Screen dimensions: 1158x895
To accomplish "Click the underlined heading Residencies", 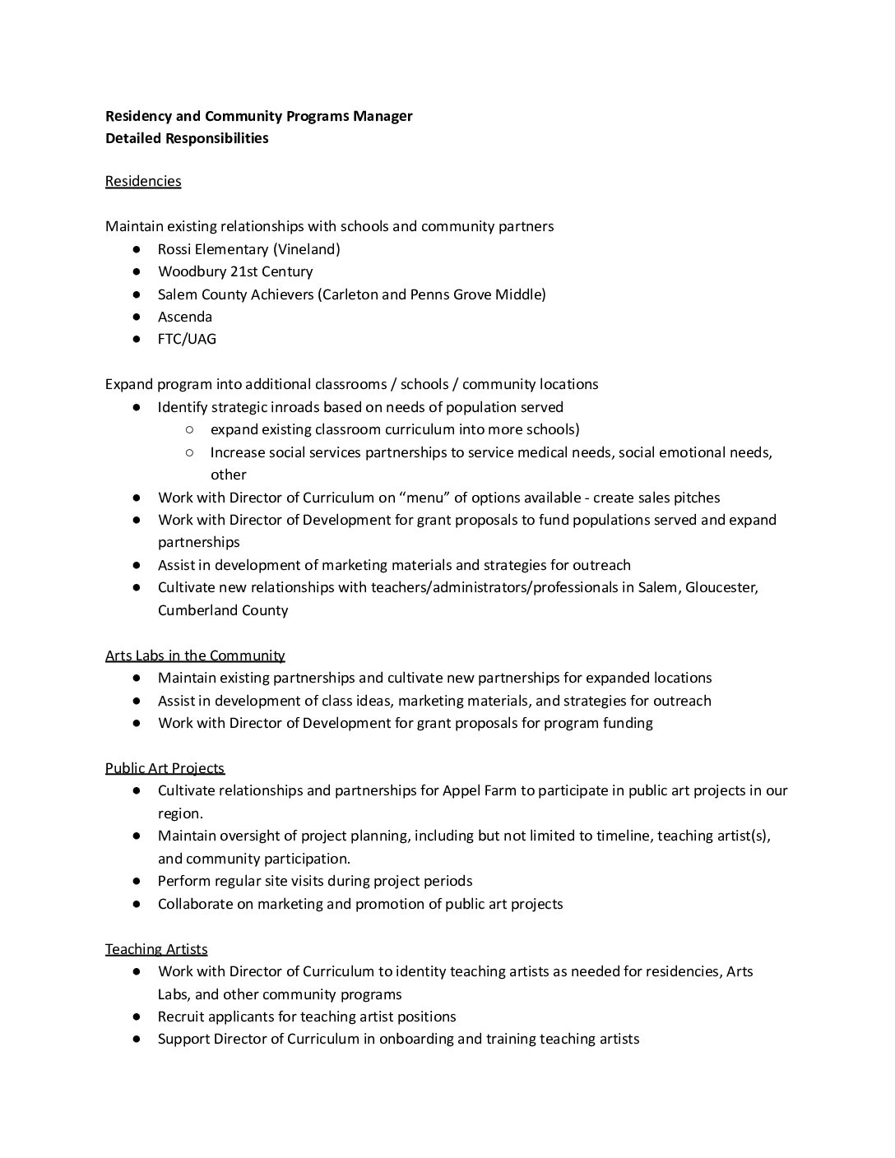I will (142, 181).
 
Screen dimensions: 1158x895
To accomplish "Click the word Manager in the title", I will (383, 116).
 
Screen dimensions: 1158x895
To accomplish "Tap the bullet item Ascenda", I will (185, 317).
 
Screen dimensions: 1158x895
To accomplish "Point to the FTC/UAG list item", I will (187, 339).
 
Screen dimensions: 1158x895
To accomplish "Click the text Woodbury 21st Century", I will (235, 271).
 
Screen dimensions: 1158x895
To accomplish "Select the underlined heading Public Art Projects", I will (165, 768).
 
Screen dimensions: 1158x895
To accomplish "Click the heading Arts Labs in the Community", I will (195, 655).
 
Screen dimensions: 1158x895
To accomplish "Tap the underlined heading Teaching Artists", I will (156, 949).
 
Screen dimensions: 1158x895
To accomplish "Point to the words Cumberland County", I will (223, 610).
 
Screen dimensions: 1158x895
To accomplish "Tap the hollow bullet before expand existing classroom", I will (189, 429).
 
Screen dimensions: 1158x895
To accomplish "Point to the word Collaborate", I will (196, 904).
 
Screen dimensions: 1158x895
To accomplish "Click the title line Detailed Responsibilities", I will (187, 138).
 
